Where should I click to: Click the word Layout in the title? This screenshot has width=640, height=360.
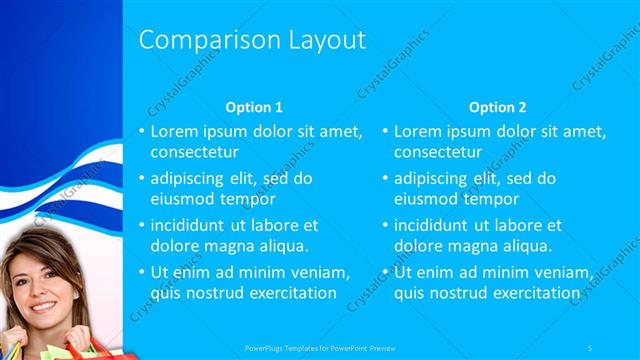click(x=323, y=39)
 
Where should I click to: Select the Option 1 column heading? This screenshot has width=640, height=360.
click(x=254, y=107)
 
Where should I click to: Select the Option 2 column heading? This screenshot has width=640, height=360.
click(x=497, y=107)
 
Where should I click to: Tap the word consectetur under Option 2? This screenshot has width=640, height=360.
click(x=438, y=153)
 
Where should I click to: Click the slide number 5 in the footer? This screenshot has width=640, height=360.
click(x=591, y=348)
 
